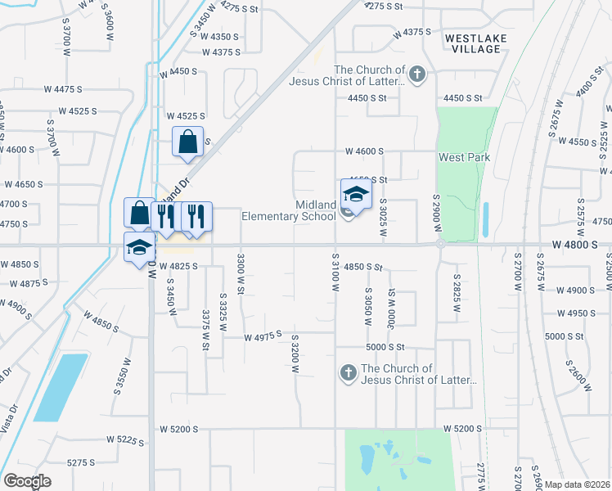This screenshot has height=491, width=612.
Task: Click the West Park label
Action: (463, 157)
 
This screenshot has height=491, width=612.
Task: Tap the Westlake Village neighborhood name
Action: (475, 43)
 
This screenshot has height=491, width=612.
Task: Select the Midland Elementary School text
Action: (289, 210)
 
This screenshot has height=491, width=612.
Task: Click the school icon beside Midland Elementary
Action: (356, 196)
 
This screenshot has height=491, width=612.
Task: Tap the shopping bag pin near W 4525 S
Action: (187, 142)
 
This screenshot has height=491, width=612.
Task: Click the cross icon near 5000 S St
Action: (347, 374)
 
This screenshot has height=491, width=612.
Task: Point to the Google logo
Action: (27, 481)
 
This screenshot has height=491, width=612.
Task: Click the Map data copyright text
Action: (578, 484)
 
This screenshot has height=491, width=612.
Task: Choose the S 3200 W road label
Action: (294, 352)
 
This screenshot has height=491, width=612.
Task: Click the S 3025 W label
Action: (383, 216)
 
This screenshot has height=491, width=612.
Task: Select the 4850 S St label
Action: (363, 267)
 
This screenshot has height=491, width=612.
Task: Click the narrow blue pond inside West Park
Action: (485, 218)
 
